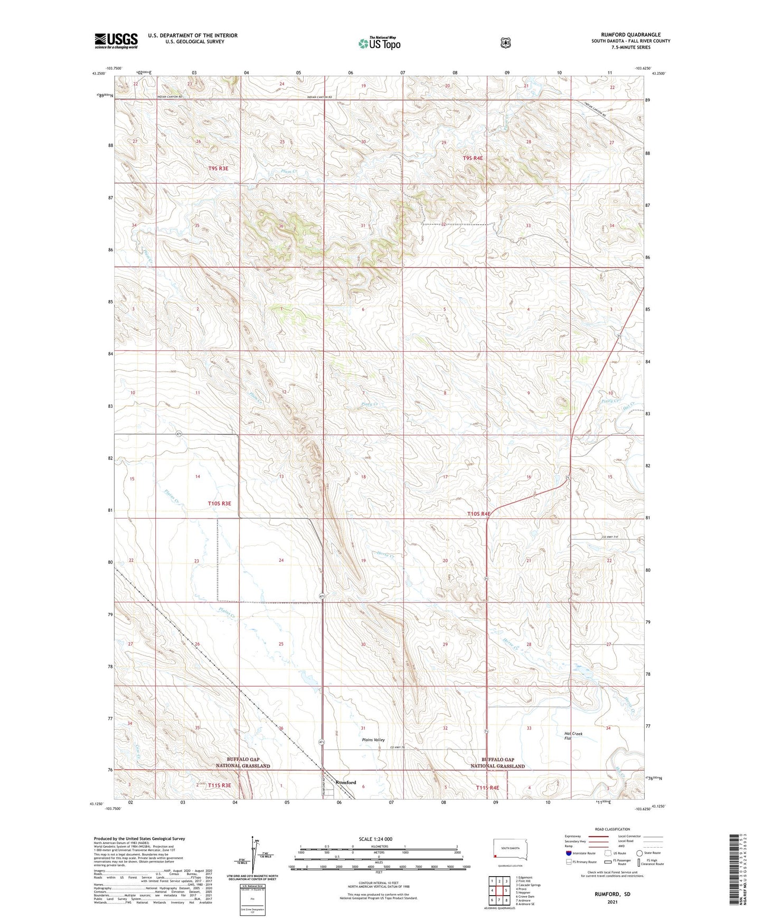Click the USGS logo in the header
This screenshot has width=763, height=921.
(116, 41)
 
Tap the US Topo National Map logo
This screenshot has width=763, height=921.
(379, 43)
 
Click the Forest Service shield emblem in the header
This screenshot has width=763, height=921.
(506, 43)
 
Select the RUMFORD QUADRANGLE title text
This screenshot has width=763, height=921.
(630, 35)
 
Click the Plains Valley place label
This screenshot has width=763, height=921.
(373, 740)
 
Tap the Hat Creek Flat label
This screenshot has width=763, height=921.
(573, 736)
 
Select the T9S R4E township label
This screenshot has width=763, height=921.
(473, 158)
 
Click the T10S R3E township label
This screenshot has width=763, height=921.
(220, 503)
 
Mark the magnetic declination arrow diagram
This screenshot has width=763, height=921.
(252, 856)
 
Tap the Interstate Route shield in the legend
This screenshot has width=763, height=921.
(568, 853)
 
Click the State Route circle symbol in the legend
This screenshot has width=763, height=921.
(639, 853)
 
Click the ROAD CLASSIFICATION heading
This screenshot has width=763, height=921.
(612, 830)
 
